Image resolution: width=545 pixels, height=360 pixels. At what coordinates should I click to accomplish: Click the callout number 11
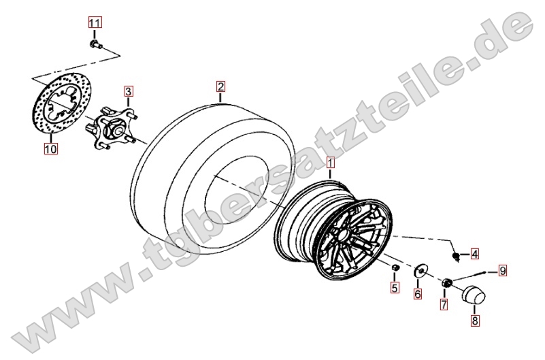pyautogui.click(x=95, y=23)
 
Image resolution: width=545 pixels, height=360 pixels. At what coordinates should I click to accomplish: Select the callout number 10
pyautogui.click(x=50, y=149)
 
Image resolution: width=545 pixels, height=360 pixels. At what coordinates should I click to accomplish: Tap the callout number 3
pyautogui.click(x=129, y=91)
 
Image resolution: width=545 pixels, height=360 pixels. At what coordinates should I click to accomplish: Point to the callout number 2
pyautogui.click(x=220, y=86)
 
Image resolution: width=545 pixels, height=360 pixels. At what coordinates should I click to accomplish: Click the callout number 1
pyautogui.click(x=330, y=162)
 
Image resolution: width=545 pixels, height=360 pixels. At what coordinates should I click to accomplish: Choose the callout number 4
pyautogui.click(x=474, y=254)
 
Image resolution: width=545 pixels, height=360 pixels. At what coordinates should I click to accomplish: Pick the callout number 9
pyautogui.click(x=502, y=270)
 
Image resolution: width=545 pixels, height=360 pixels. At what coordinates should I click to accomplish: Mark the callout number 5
pyautogui.click(x=394, y=287)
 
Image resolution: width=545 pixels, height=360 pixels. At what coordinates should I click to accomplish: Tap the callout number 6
pyautogui.click(x=418, y=294)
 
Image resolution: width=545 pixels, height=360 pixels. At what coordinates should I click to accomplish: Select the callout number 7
pyautogui.click(x=444, y=304)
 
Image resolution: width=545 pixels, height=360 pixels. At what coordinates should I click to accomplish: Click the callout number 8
pyautogui.click(x=475, y=321)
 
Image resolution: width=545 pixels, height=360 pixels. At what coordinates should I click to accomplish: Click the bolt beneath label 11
pyautogui.click(x=95, y=44)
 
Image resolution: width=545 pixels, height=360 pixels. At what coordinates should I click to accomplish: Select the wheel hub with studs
pyautogui.click(x=110, y=127)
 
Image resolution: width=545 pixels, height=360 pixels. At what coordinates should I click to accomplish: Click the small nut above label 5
pyautogui.click(x=395, y=268)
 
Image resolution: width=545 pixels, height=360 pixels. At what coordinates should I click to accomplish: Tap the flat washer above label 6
pyautogui.click(x=420, y=271)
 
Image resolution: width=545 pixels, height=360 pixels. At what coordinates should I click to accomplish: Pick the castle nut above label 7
pyautogui.click(x=446, y=283)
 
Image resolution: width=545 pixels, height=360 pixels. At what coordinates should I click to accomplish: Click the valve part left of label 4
pyautogui.click(x=457, y=257)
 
